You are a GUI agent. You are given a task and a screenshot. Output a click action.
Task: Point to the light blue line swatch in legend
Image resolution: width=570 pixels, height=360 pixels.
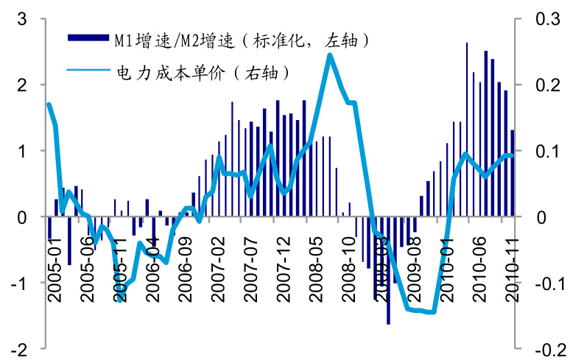[88, 71]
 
